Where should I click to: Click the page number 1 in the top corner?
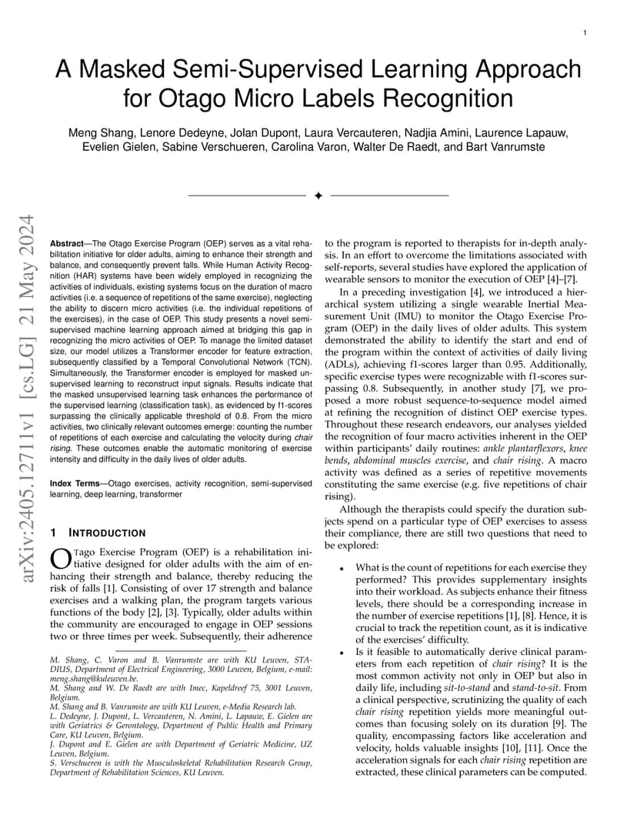point(585,33)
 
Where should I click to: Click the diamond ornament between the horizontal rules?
point(318,196)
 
